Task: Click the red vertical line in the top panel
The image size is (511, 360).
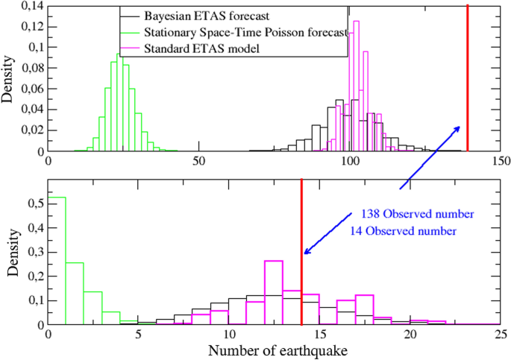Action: (467, 75)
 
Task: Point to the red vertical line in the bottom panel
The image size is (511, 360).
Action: (301, 253)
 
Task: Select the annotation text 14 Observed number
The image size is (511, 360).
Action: (404, 230)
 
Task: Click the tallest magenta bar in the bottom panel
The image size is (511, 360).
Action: (274, 292)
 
